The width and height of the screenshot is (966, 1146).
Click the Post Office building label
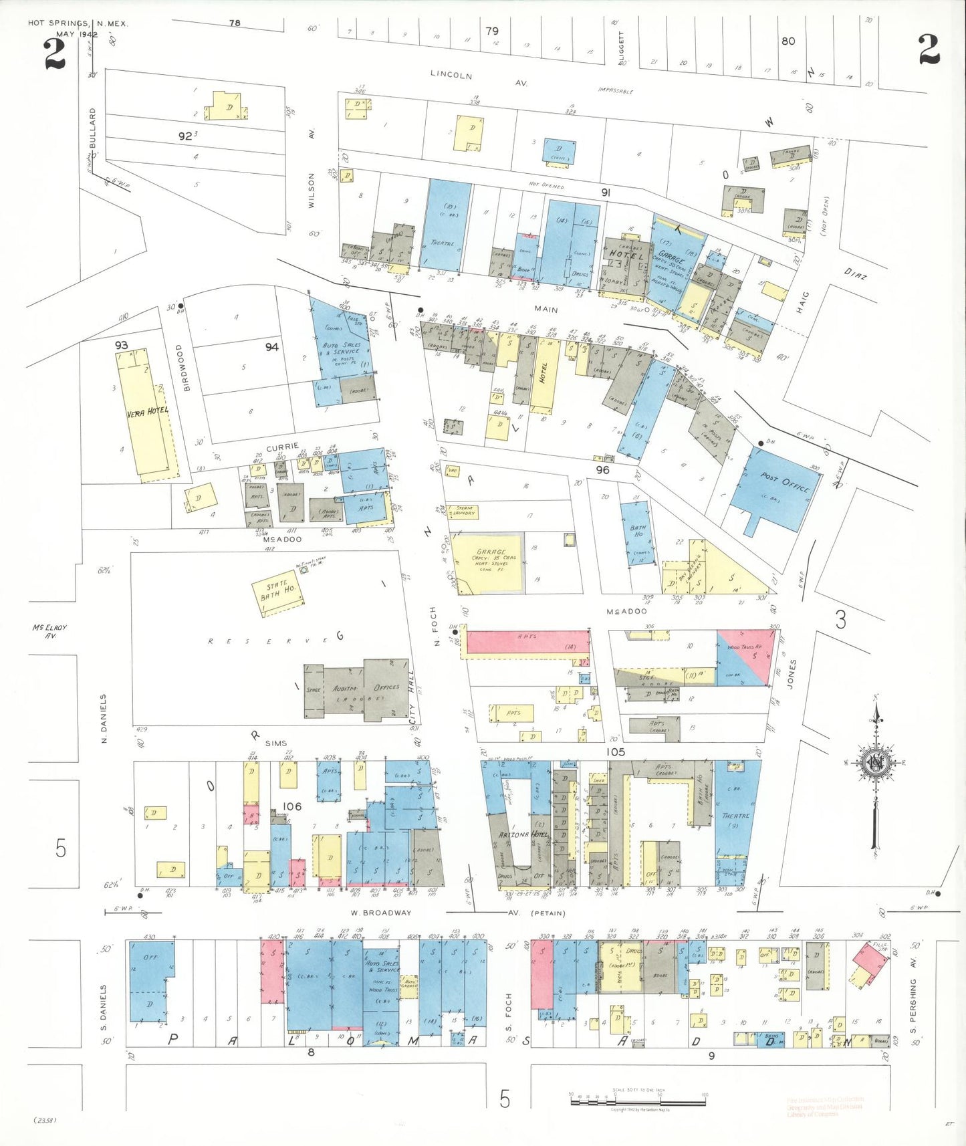click(785, 484)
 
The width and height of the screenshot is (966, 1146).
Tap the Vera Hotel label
click(148, 412)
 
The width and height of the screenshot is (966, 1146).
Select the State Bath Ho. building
click(278, 592)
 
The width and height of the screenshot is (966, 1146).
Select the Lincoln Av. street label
click(478, 78)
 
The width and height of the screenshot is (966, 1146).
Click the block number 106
click(291, 806)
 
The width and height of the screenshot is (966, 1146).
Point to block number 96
click(602, 470)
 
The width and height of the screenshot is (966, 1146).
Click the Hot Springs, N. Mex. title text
click(78, 23)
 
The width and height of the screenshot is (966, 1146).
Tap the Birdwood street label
click(187, 368)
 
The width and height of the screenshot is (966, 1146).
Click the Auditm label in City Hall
click(345, 689)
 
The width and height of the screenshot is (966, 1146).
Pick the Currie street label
click(282, 446)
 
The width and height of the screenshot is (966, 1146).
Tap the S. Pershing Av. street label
click(913, 1003)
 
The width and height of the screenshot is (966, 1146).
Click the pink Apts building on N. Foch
click(527, 642)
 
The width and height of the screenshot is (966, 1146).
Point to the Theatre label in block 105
click(735, 816)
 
